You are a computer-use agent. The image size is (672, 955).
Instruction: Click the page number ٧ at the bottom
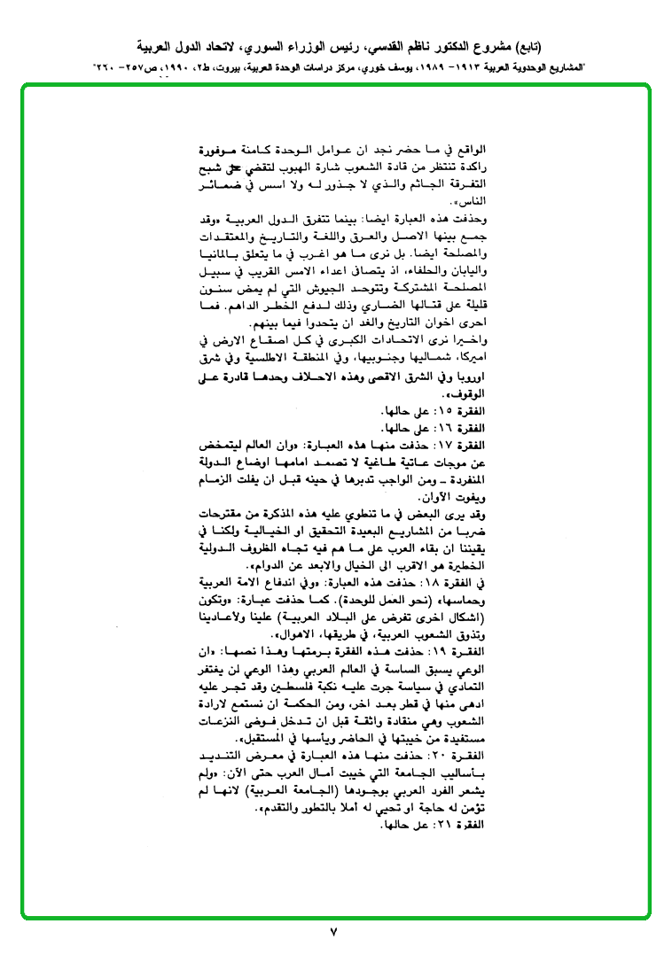334,932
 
